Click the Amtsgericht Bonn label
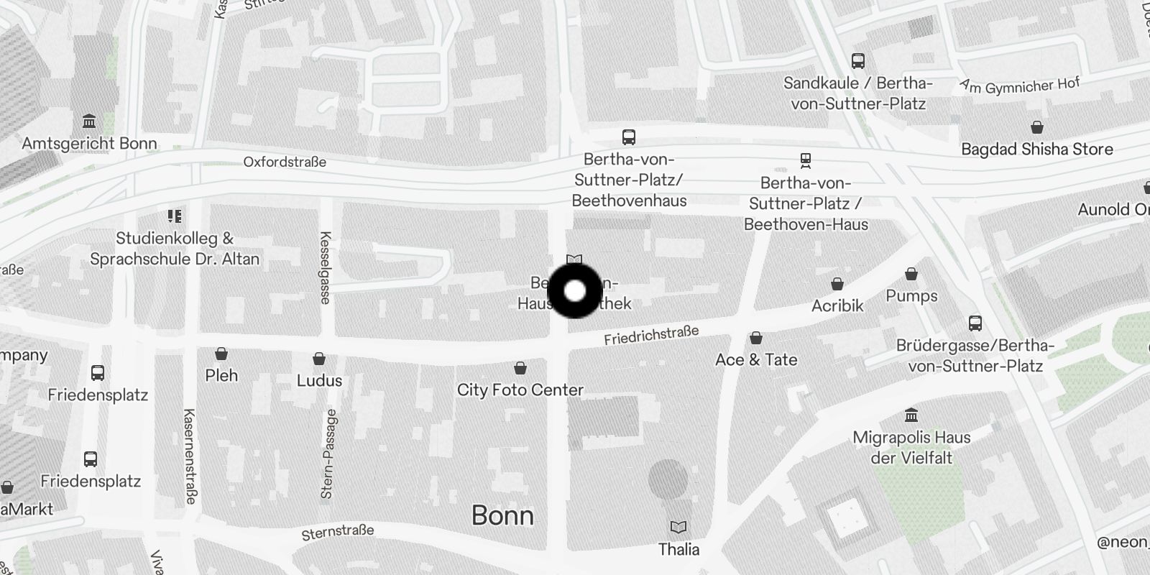[x=89, y=144]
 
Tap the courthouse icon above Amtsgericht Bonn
[x=89, y=121]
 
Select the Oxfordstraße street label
[x=285, y=162]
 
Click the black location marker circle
[x=575, y=291]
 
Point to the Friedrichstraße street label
[x=651, y=335]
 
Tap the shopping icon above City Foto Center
[x=520, y=369]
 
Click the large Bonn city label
[x=502, y=515]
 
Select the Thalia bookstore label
[x=678, y=550]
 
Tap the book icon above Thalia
[x=678, y=528]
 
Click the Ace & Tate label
[x=756, y=359]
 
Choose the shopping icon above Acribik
[x=837, y=284]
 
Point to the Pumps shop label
[x=911, y=296]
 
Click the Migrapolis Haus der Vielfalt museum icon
[x=911, y=415]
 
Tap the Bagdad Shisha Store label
[x=1036, y=149]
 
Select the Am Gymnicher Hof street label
[x=1020, y=86]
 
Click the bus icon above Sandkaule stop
[x=857, y=61]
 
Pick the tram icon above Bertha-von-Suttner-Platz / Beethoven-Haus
[x=805, y=160]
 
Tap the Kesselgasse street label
[x=325, y=267]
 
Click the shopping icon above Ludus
[x=319, y=359]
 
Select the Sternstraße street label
[x=338, y=532]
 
